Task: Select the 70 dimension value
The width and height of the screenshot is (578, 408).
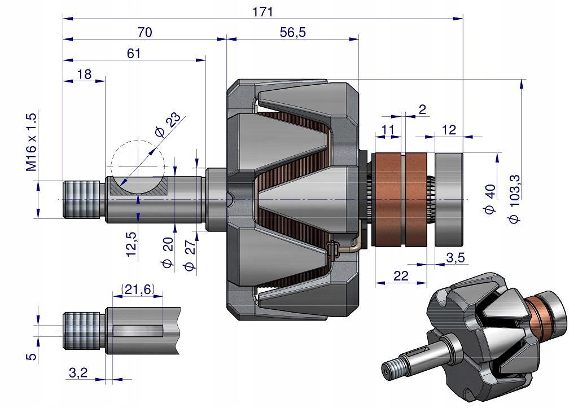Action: click(144, 33)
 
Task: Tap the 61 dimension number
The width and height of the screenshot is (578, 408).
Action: click(133, 53)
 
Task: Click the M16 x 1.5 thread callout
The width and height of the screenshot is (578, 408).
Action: click(31, 142)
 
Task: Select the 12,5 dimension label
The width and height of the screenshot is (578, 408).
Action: click(131, 244)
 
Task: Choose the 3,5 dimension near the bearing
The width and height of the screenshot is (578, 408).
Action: click(456, 258)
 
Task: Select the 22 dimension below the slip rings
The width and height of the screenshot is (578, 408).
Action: click(401, 275)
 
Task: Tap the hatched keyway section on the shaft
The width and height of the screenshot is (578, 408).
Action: click(139, 187)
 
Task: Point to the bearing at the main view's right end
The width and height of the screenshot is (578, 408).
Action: click(449, 200)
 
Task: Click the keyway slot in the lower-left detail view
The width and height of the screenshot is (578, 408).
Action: click(138, 328)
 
